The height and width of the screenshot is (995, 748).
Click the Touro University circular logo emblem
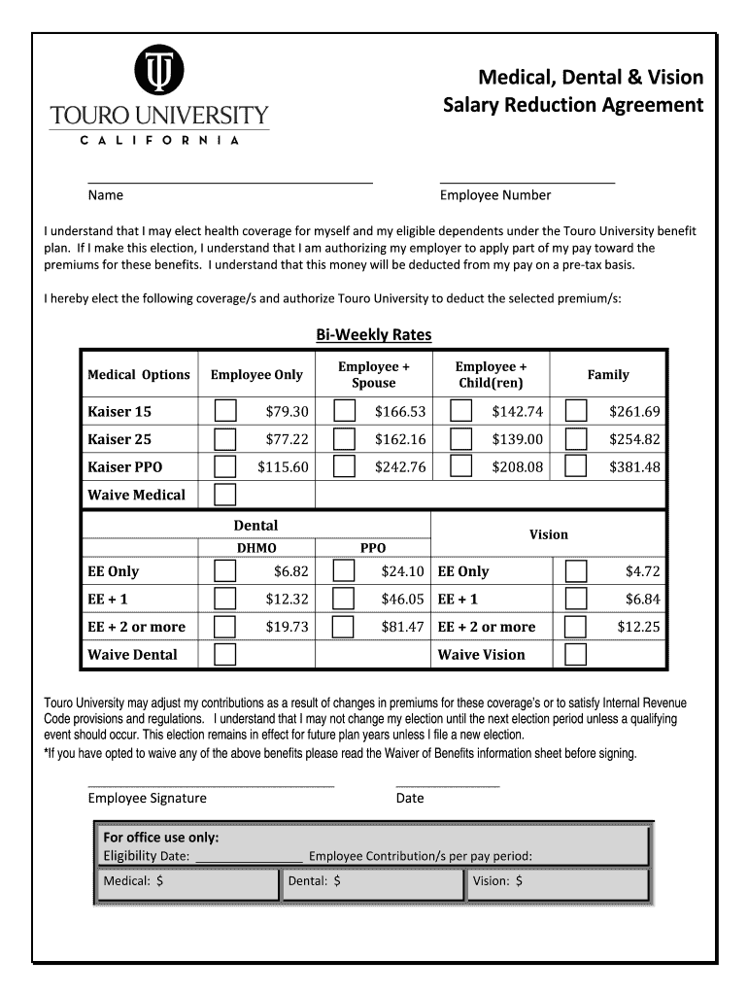pos(159,71)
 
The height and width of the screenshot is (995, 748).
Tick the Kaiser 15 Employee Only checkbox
pos(225,411)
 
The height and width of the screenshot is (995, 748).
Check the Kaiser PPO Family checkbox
pos(576,466)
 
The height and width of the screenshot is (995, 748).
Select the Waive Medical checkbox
pos(225,495)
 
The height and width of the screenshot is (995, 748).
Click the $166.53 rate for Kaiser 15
pos(400,412)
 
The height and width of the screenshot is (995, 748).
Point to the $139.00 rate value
pos(517,439)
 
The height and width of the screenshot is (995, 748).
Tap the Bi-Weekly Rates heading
pos(374,334)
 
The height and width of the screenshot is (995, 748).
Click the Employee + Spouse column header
pos(374,374)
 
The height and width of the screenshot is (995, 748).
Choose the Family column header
pos(608,374)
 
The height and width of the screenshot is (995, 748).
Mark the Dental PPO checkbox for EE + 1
pos(343,599)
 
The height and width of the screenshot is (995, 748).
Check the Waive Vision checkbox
pos(576,654)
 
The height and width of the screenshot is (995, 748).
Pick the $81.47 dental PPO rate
pos(402,627)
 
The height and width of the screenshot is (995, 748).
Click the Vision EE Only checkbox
pos(576,571)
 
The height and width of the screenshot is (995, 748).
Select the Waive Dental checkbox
pos(225,654)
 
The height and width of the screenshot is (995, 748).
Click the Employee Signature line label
pos(148,798)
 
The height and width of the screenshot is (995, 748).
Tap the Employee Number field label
pos(495,194)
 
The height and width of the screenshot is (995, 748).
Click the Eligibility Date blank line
pos(249,856)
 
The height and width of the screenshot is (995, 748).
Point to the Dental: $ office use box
pos(372,882)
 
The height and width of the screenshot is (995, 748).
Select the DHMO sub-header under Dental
pos(256,548)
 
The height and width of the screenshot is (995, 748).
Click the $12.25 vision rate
pos(638,627)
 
